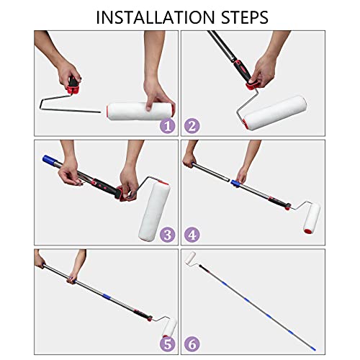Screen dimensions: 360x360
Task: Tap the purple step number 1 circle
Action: (167, 126)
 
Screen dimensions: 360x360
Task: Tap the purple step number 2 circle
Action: (192, 126)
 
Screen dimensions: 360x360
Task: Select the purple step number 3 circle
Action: (167, 233)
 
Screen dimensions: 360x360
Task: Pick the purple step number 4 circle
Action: (192, 233)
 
